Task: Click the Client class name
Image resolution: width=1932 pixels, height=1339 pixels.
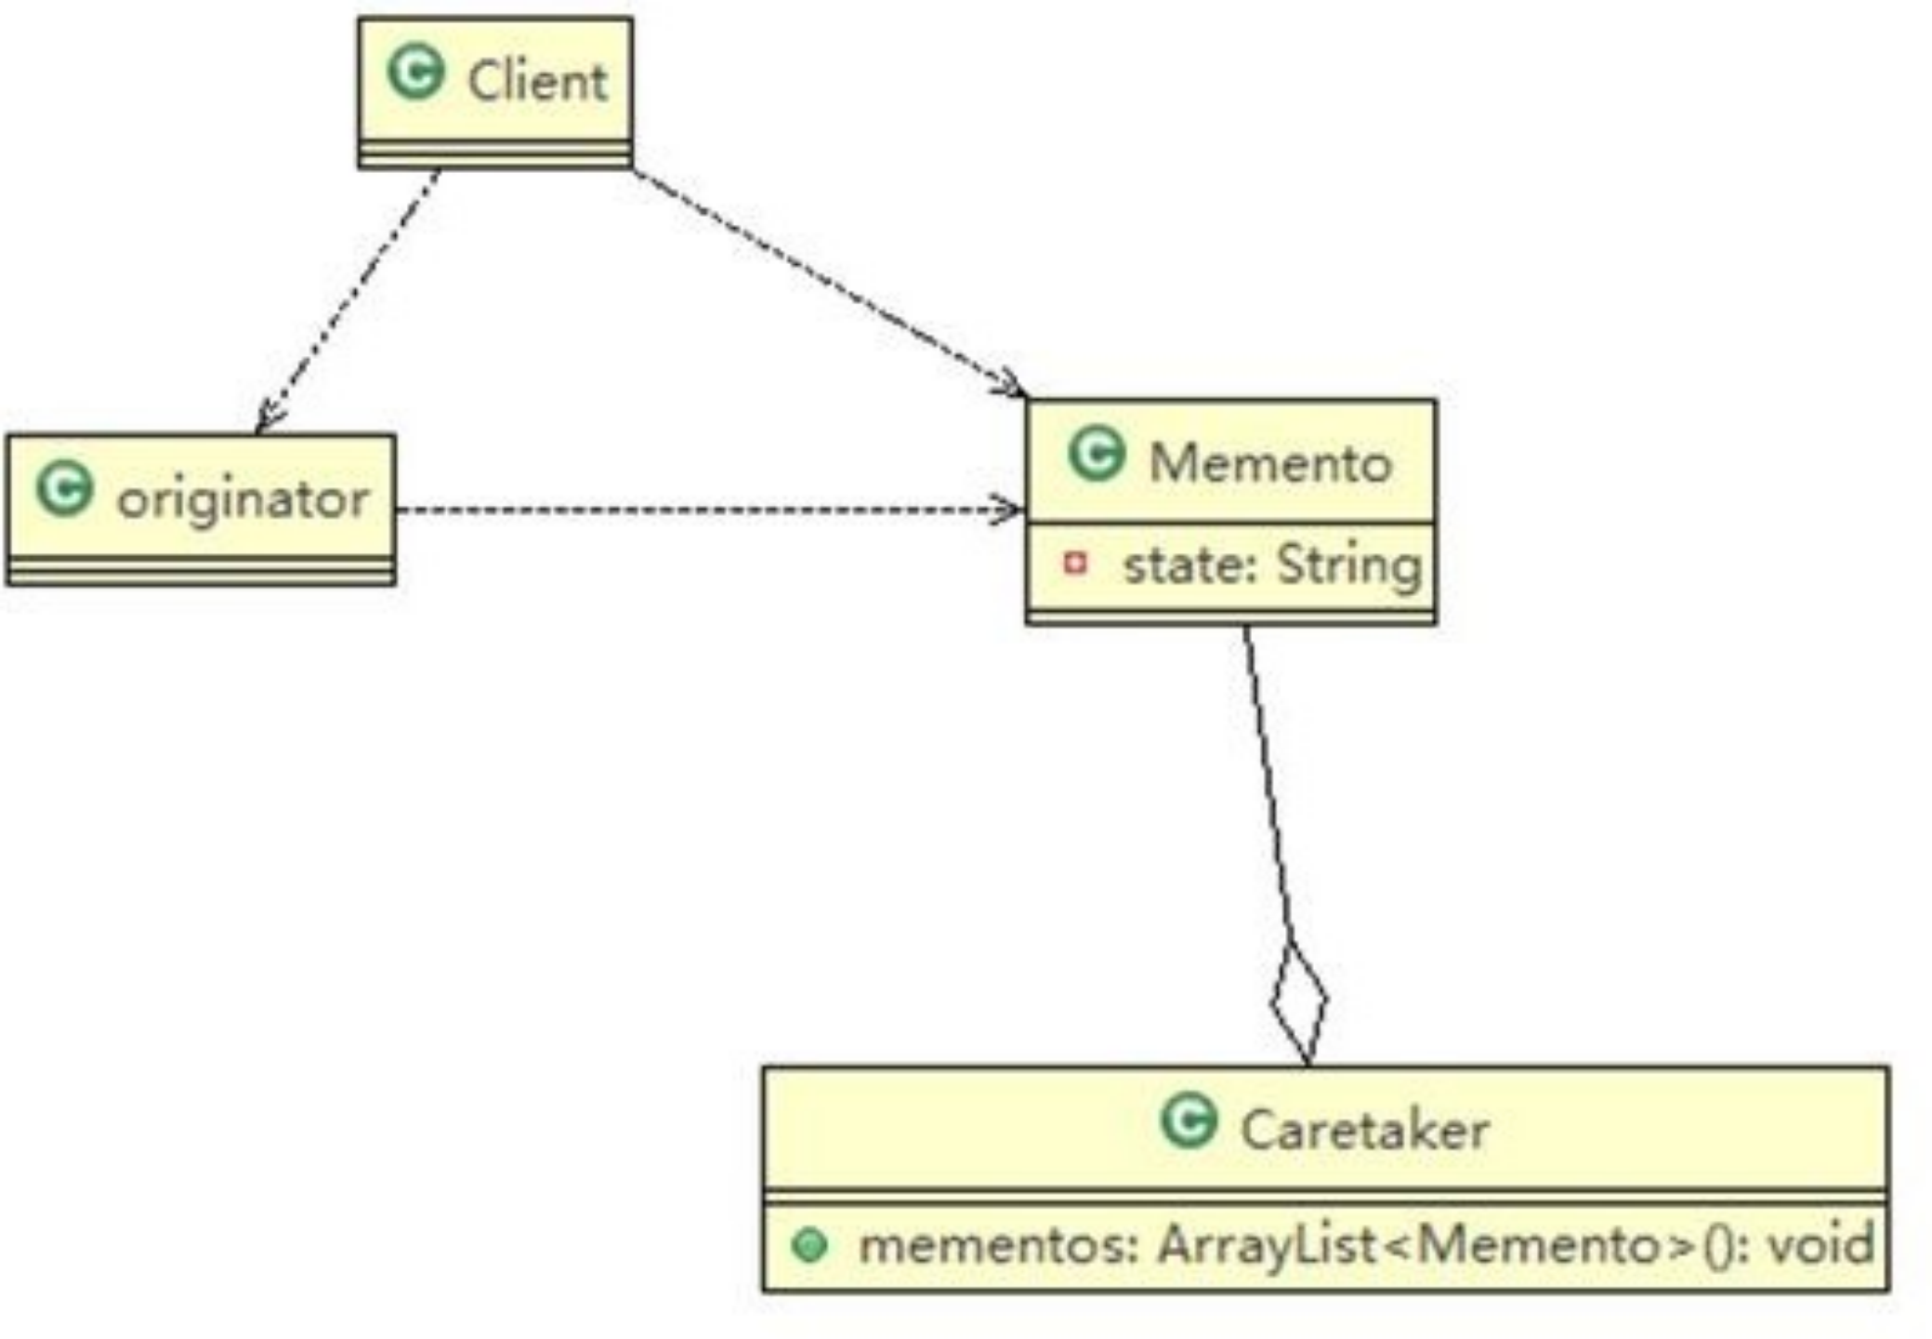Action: (537, 81)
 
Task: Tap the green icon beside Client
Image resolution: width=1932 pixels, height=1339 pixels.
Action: (415, 73)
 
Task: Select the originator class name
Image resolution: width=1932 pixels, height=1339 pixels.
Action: (243, 499)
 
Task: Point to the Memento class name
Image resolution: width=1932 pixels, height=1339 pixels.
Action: (1270, 462)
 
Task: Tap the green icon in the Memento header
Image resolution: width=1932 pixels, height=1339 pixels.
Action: (1097, 454)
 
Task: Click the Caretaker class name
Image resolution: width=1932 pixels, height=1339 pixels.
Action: (1364, 1131)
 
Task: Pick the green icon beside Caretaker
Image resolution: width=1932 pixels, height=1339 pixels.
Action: (1189, 1120)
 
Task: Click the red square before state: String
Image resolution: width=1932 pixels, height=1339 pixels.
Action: (1075, 563)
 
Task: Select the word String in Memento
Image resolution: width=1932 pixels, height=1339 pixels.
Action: (1347, 564)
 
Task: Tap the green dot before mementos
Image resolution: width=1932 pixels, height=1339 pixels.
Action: (809, 1245)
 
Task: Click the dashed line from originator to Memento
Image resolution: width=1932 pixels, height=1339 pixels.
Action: (706, 510)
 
